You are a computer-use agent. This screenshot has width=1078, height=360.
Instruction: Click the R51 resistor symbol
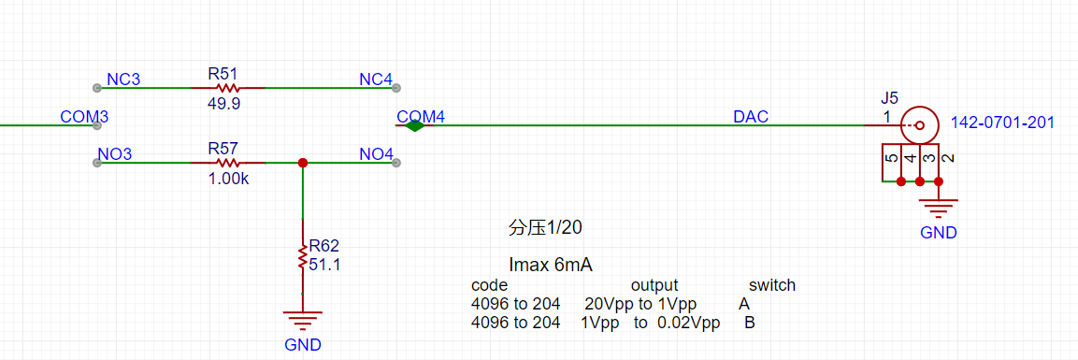pos(227,88)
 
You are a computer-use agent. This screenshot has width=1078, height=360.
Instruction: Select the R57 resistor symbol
pos(227,163)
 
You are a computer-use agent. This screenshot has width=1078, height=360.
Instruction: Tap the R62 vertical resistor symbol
pos(302,255)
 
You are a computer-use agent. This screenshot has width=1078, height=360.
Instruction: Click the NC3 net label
pos(123,79)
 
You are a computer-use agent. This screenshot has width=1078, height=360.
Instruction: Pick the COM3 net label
pos(84,117)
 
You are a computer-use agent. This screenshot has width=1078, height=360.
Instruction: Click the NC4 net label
pos(376,79)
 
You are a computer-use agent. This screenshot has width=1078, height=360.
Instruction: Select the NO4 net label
pos(376,154)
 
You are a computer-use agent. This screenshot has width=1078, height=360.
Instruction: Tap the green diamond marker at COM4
pos(414,125)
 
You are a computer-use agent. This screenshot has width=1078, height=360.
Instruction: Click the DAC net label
pos(751,118)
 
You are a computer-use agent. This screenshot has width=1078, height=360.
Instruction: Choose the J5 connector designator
pos(890,97)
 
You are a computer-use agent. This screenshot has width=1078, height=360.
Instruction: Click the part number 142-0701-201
pos(1002,123)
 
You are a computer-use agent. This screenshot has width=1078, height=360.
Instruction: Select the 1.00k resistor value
pos(227,179)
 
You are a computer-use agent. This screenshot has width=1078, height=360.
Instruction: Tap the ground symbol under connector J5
pos(939,209)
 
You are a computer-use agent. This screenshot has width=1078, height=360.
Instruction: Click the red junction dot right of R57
pos(302,163)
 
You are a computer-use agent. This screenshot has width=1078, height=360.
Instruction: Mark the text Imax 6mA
pos(551,265)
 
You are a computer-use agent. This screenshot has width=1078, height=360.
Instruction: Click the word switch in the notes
pos(772,285)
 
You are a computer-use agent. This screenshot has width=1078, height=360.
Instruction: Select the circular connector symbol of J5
pos(919,125)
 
